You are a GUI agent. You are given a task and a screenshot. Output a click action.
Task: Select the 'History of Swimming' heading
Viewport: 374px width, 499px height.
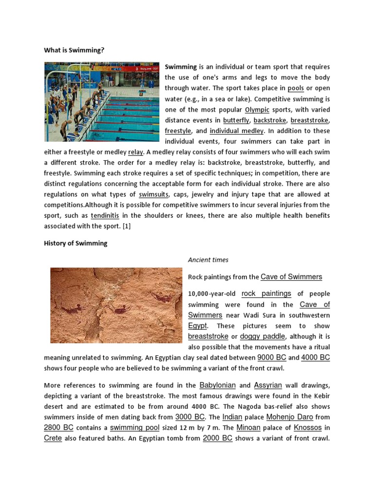pos(75,243)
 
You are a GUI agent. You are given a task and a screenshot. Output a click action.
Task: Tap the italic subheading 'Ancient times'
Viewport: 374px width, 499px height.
pos(208,260)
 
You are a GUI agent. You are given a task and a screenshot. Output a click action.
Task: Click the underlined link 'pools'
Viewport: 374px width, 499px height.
pos(296,88)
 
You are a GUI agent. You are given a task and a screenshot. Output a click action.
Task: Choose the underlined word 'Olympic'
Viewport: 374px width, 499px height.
pos(257,110)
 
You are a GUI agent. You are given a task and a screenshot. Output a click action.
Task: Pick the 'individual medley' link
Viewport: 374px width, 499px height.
pos(237,131)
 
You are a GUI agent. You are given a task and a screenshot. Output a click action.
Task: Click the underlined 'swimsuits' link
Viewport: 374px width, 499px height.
pos(153,194)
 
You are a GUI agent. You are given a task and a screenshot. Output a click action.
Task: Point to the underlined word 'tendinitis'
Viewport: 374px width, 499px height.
pos(106,215)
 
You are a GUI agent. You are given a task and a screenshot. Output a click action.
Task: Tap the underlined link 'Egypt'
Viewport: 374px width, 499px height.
pos(198,326)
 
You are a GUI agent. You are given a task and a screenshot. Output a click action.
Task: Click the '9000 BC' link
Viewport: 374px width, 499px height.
pos(272,357)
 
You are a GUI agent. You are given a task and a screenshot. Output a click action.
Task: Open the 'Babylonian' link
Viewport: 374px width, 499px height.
pos(217,385)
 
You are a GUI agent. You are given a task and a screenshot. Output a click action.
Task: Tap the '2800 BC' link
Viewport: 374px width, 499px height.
pos(59,427)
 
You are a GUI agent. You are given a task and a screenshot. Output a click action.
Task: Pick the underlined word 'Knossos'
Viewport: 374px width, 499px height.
pos(307,427)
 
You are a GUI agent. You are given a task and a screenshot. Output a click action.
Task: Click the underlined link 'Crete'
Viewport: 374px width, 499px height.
pos(53,438)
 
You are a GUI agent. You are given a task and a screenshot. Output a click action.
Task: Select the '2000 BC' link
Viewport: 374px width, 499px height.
pos(217,438)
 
